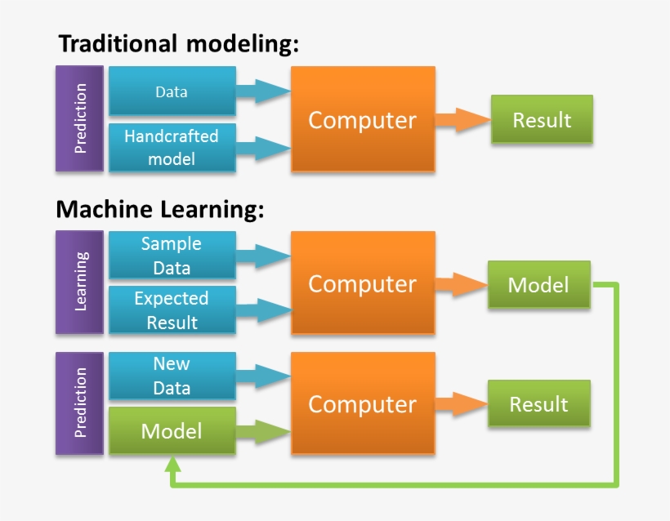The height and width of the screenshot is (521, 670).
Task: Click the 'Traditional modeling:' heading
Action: [x=177, y=44]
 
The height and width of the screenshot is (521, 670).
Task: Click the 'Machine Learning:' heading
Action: [x=160, y=210]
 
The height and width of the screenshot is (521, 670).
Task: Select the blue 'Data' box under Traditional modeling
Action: [x=172, y=91]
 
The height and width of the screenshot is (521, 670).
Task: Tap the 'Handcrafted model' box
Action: [x=172, y=148]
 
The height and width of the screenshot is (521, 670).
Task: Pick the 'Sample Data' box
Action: [x=172, y=256]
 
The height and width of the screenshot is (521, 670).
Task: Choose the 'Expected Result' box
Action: [x=172, y=310]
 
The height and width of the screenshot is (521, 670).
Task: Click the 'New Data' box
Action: [x=172, y=376]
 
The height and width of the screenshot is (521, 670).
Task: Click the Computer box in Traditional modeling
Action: [x=362, y=120]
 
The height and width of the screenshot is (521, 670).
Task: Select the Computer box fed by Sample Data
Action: [x=362, y=283]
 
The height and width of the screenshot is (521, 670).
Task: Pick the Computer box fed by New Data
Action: [x=362, y=404]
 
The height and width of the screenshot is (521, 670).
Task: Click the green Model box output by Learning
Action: [x=538, y=284]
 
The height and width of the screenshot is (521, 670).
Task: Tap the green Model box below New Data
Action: [x=172, y=430]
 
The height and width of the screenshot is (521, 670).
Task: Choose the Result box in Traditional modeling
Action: [x=541, y=120]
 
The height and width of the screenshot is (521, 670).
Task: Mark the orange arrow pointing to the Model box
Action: [x=460, y=284]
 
